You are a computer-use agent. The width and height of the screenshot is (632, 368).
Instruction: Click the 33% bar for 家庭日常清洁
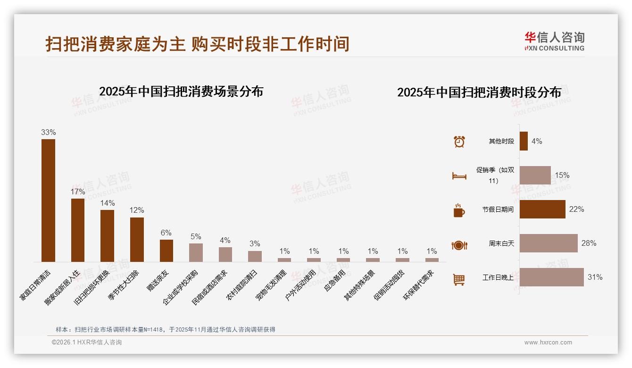click(x=48, y=200)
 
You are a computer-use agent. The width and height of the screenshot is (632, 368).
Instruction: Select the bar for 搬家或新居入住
click(x=78, y=230)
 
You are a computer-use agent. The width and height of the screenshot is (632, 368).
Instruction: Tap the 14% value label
click(x=108, y=203)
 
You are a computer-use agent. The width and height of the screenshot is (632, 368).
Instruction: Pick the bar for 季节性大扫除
click(x=137, y=239)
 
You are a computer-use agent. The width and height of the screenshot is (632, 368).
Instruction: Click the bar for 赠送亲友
click(x=166, y=251)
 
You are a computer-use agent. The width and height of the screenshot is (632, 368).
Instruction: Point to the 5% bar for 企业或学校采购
click(x=196, y=252)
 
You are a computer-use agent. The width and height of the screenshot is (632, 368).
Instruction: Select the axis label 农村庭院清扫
click(x=242, y=284)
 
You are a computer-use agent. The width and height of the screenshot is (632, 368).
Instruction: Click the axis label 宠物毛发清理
click(x=271, y=285)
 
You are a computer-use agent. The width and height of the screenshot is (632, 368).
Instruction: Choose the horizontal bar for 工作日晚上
click(x=551, y=277)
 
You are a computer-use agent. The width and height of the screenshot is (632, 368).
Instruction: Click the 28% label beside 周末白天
click(x=589, y=243)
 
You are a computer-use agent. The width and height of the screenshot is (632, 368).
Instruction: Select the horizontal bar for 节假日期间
click(x=542, y=209)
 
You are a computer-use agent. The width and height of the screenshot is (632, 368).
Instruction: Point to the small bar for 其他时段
click(x=524, y=141)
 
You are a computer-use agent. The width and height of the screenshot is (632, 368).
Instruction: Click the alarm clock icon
click(x=459, y=142)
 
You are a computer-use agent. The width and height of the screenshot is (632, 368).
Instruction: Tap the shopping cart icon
click(x=459, y=279)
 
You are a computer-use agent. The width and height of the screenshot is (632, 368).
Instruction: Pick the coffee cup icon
click(x=459, y=210)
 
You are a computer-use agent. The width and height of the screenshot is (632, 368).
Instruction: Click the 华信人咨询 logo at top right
click(x=554, y=42)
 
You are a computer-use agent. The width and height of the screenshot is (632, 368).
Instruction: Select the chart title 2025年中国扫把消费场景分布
click(x=181, y=92)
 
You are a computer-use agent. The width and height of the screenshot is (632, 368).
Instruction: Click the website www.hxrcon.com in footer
click(x=548, y=343)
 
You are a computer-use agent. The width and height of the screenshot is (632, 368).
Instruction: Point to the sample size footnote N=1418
click(x=165, y=330)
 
